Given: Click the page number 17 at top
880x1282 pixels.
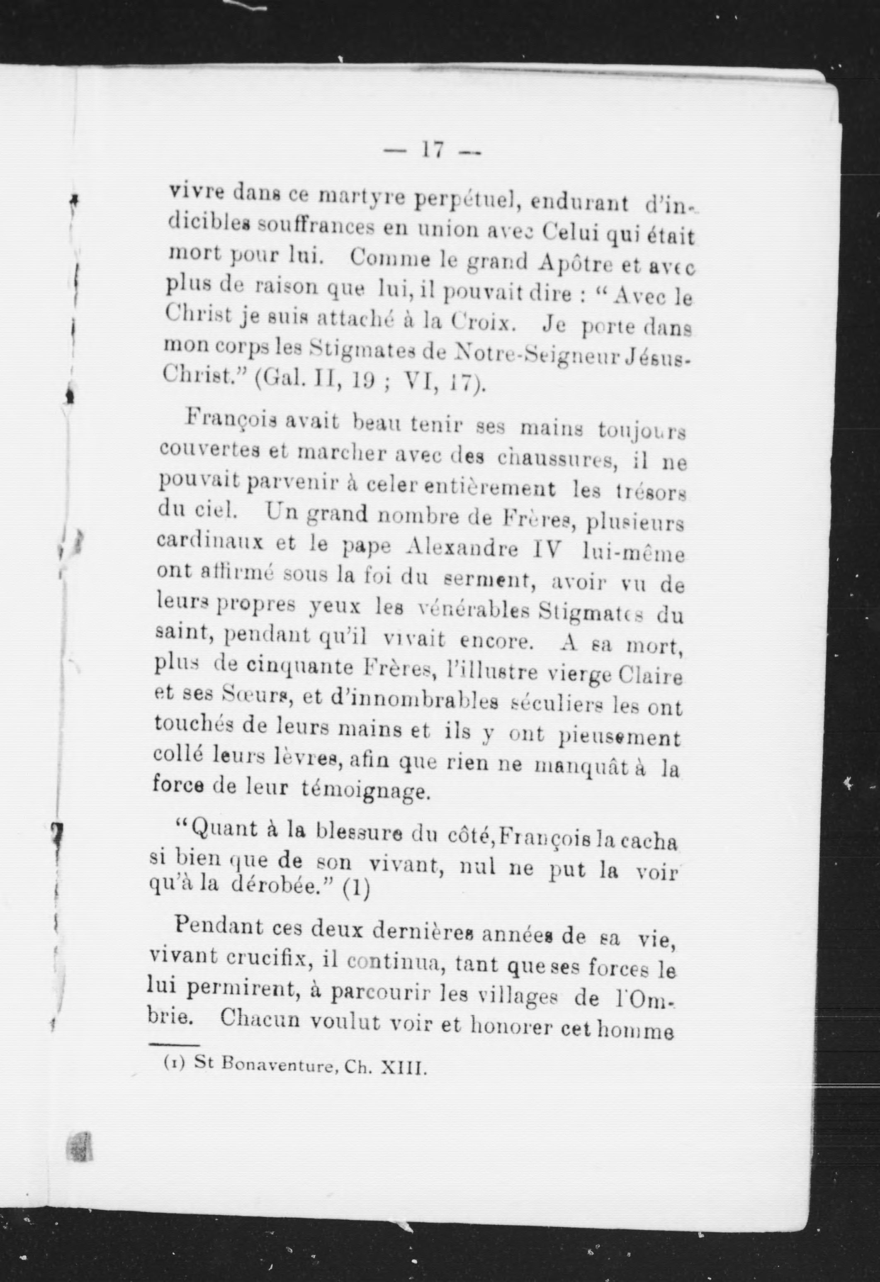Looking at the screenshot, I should (432, 150).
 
